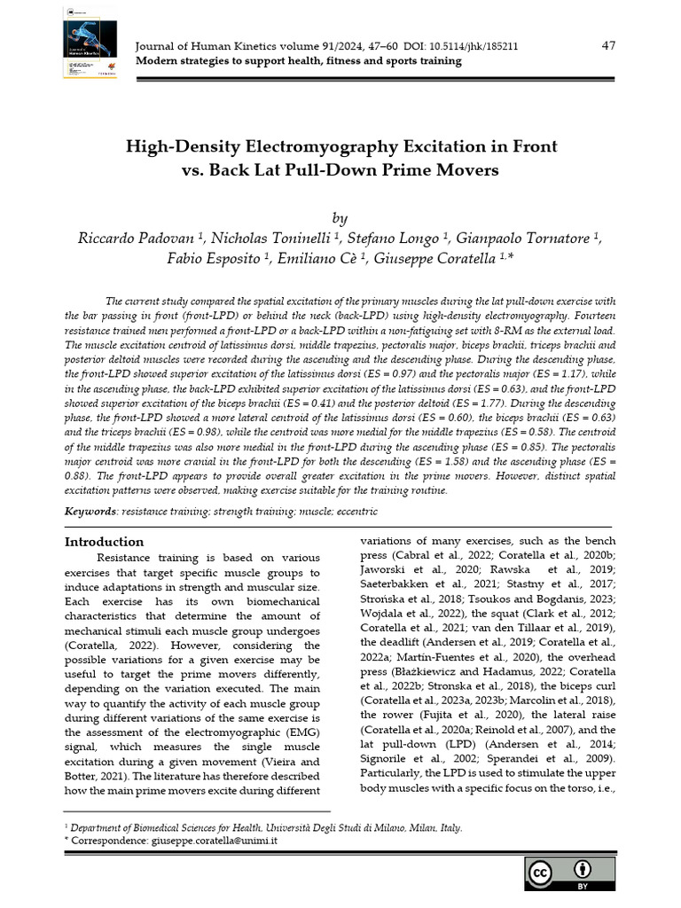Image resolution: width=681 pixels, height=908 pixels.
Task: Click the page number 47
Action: pyautogui.click(x=608, y=45)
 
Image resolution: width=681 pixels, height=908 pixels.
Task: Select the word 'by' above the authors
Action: pyautogui.click(x=340, y=217)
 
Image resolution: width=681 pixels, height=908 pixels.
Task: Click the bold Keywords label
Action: pyautogui.click(x=91, y=512)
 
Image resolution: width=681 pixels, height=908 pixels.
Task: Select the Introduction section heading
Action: pyautogui.click(x=105, y=541)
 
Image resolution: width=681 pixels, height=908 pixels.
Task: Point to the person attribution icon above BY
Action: pyautogui.click(x=583, y=869)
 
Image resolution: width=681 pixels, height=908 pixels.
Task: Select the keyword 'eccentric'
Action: pyautogui.click(x=355, y=512)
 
